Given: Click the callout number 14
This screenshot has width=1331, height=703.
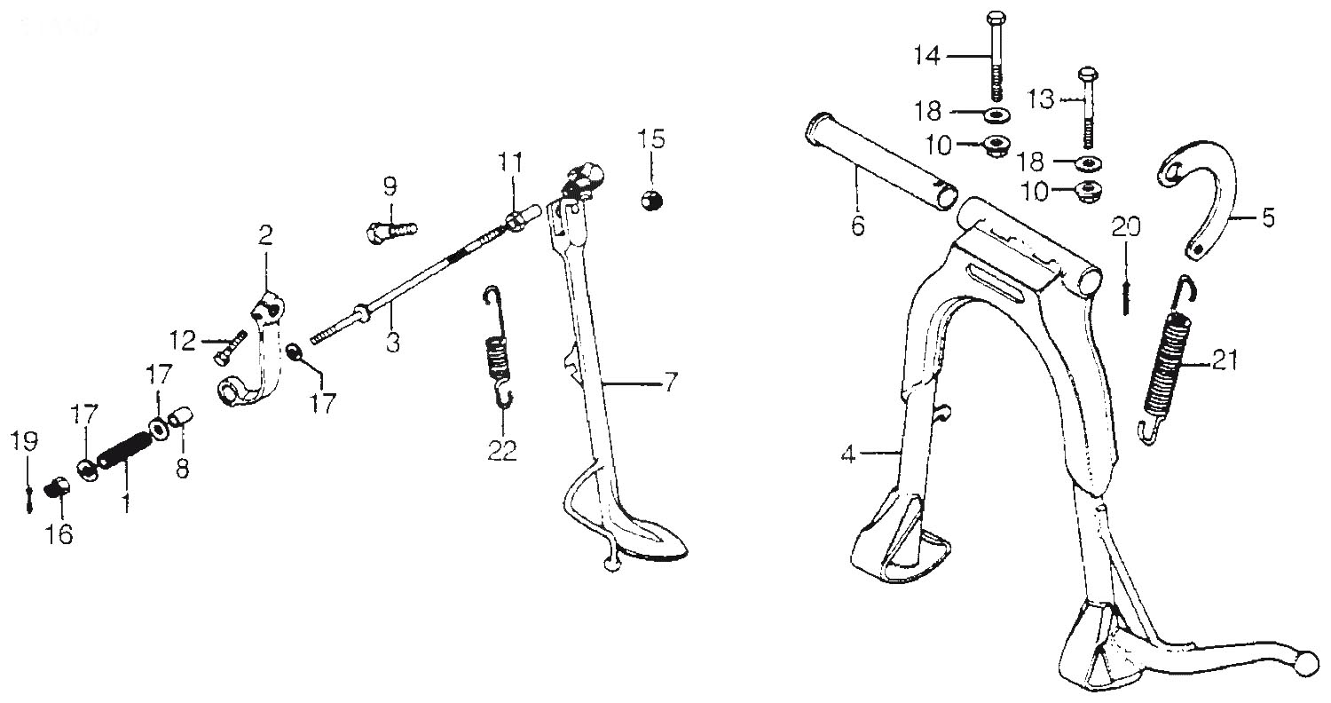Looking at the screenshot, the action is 927,57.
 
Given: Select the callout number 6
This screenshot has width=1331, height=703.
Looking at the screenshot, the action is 857,225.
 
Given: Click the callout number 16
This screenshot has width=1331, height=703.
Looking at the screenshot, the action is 60,535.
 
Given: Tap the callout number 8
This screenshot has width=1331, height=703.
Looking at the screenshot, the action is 183,469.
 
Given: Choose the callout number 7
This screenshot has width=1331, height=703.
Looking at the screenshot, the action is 670,383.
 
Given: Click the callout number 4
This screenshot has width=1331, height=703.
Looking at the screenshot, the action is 848,455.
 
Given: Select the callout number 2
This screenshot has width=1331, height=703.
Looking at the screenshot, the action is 265,236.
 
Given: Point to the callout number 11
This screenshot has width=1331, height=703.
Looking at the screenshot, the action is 510,162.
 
